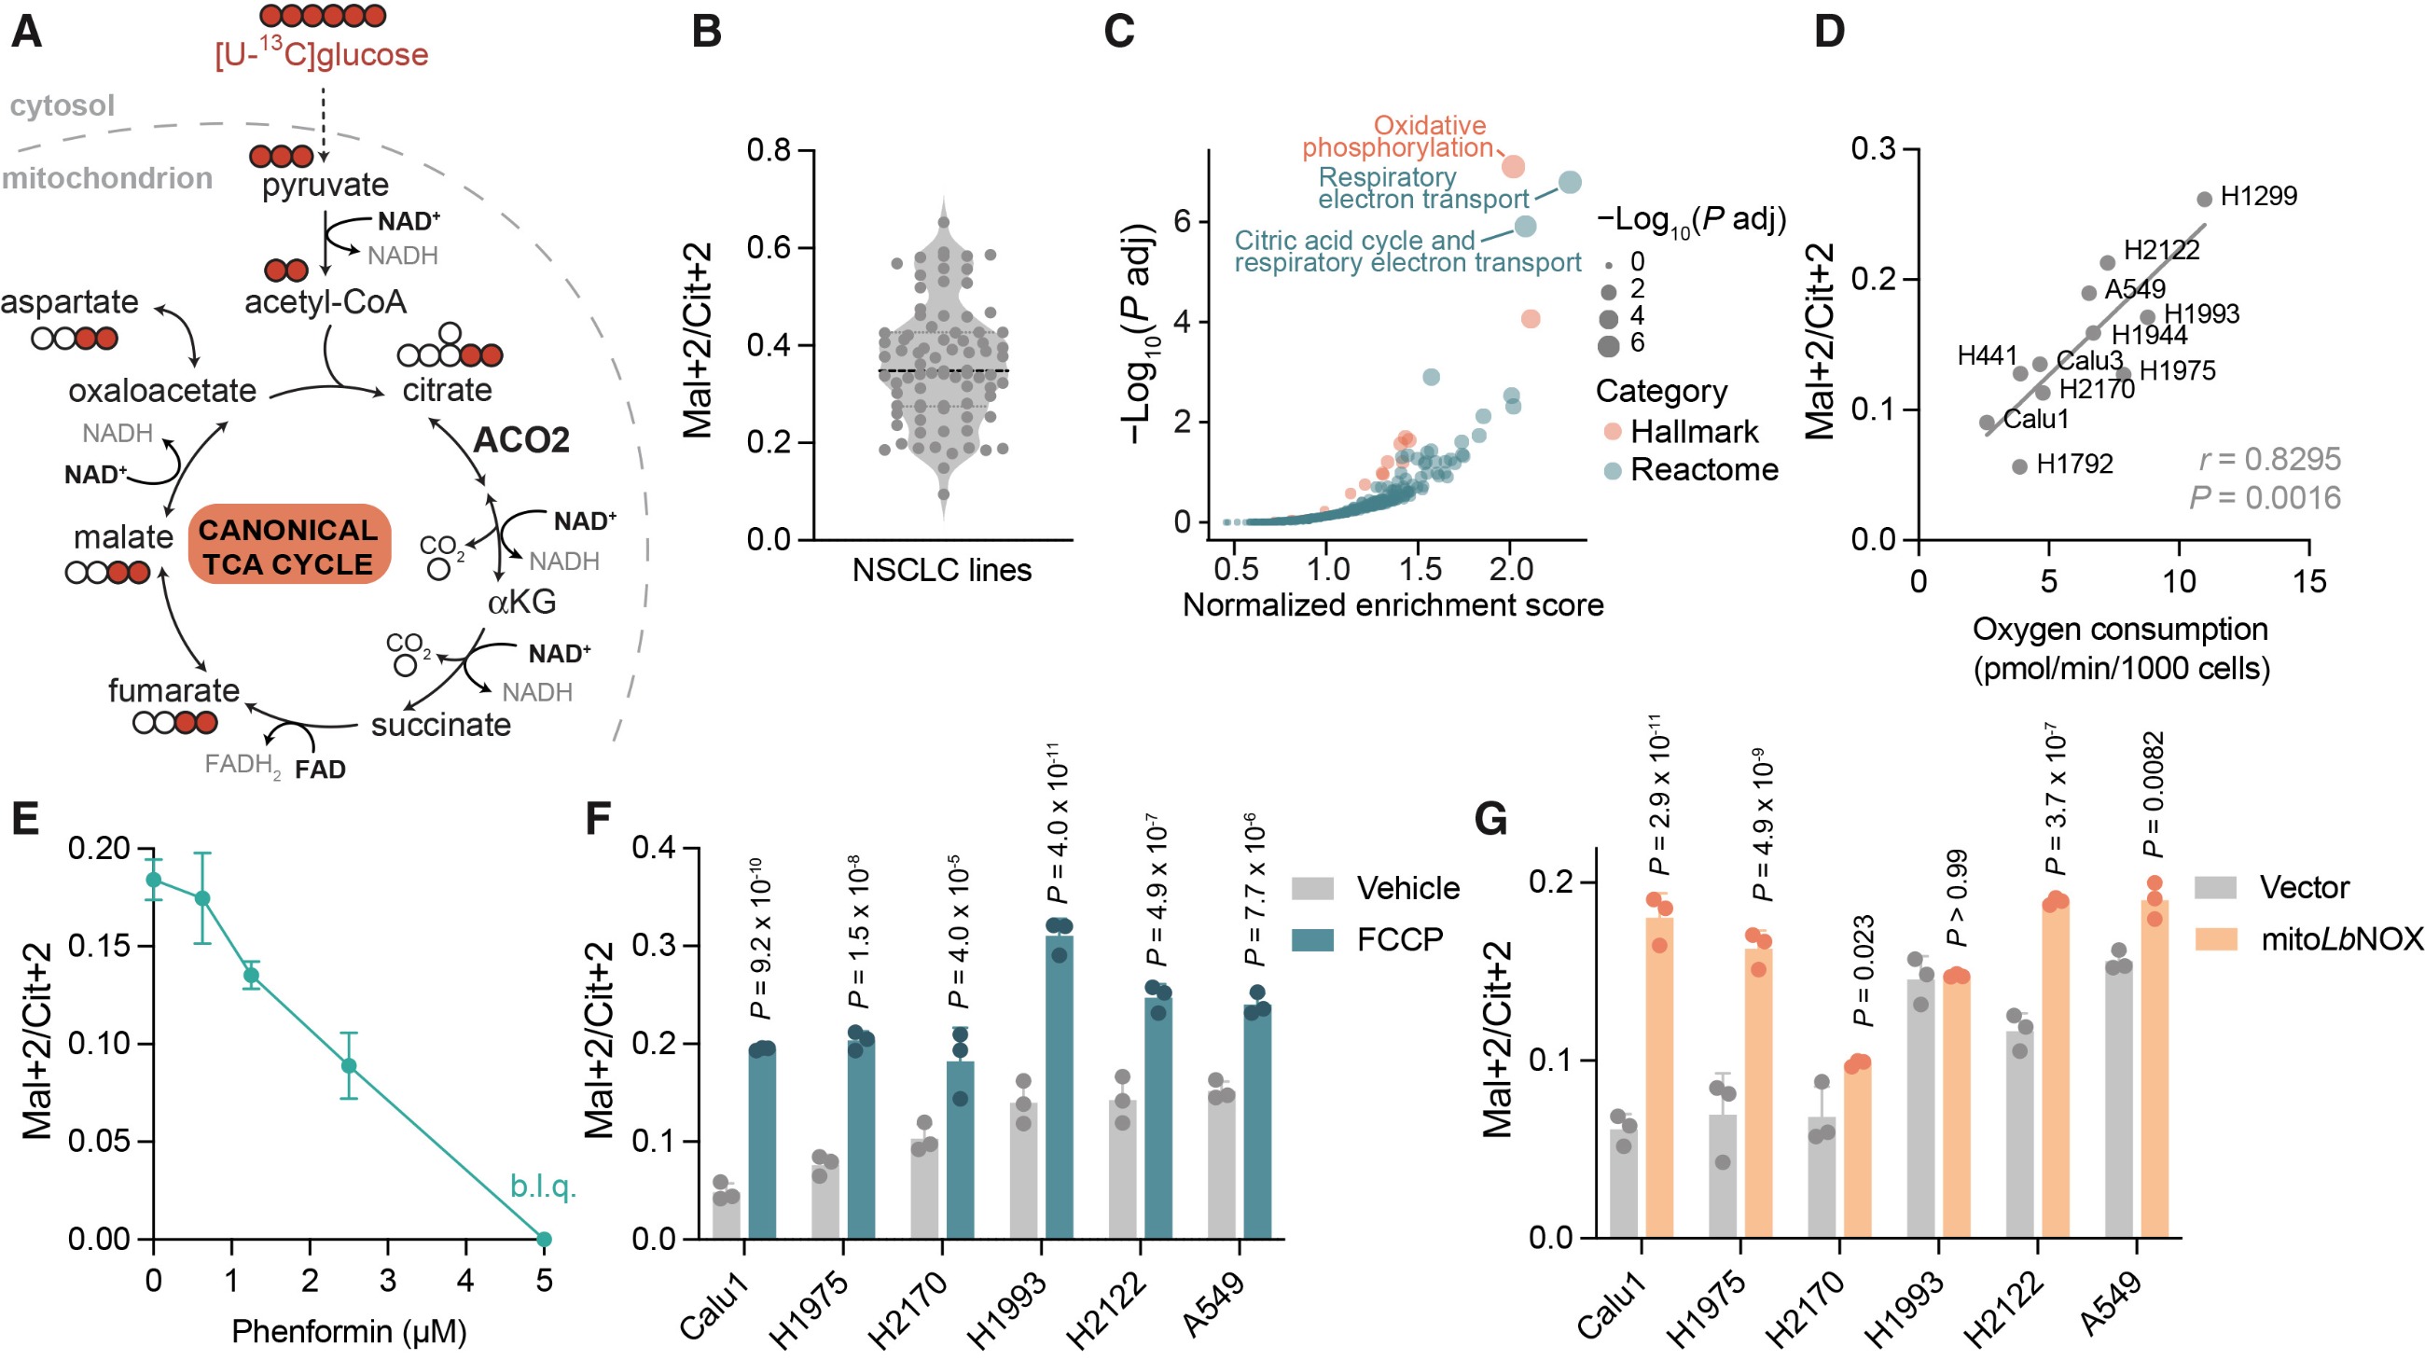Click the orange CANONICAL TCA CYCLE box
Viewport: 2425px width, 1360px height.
(x=289, y=546)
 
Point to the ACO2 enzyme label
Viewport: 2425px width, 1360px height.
(x=520, y=440)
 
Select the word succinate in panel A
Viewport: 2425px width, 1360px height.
(x=440, y=725)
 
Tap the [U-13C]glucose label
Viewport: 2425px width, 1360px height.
(x=321, y=55)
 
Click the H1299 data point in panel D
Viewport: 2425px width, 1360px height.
(x=2205, y=200)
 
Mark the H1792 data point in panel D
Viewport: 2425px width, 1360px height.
(x=2019, y=465)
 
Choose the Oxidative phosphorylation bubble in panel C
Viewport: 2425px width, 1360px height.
(x=1513, y=167)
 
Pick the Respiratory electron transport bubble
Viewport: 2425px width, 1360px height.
(x=1570, y=183)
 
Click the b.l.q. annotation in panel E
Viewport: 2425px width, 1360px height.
(x=542, y=1187)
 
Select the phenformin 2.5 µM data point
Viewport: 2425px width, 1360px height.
(x=349, y=1065)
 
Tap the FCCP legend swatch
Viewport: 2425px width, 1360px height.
(x=1312, y=939)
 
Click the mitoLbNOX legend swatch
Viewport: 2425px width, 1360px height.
(x=2216, y=938)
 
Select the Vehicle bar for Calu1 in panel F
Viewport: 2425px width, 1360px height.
(x=726, y=1216)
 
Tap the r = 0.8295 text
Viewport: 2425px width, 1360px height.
(x=2269, y=459)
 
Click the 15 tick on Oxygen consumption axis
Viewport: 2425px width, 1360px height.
(x=2309, y=583)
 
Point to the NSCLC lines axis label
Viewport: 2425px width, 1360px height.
(x=941, y=570)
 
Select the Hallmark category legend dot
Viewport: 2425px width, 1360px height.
(x=1613, y=432)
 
